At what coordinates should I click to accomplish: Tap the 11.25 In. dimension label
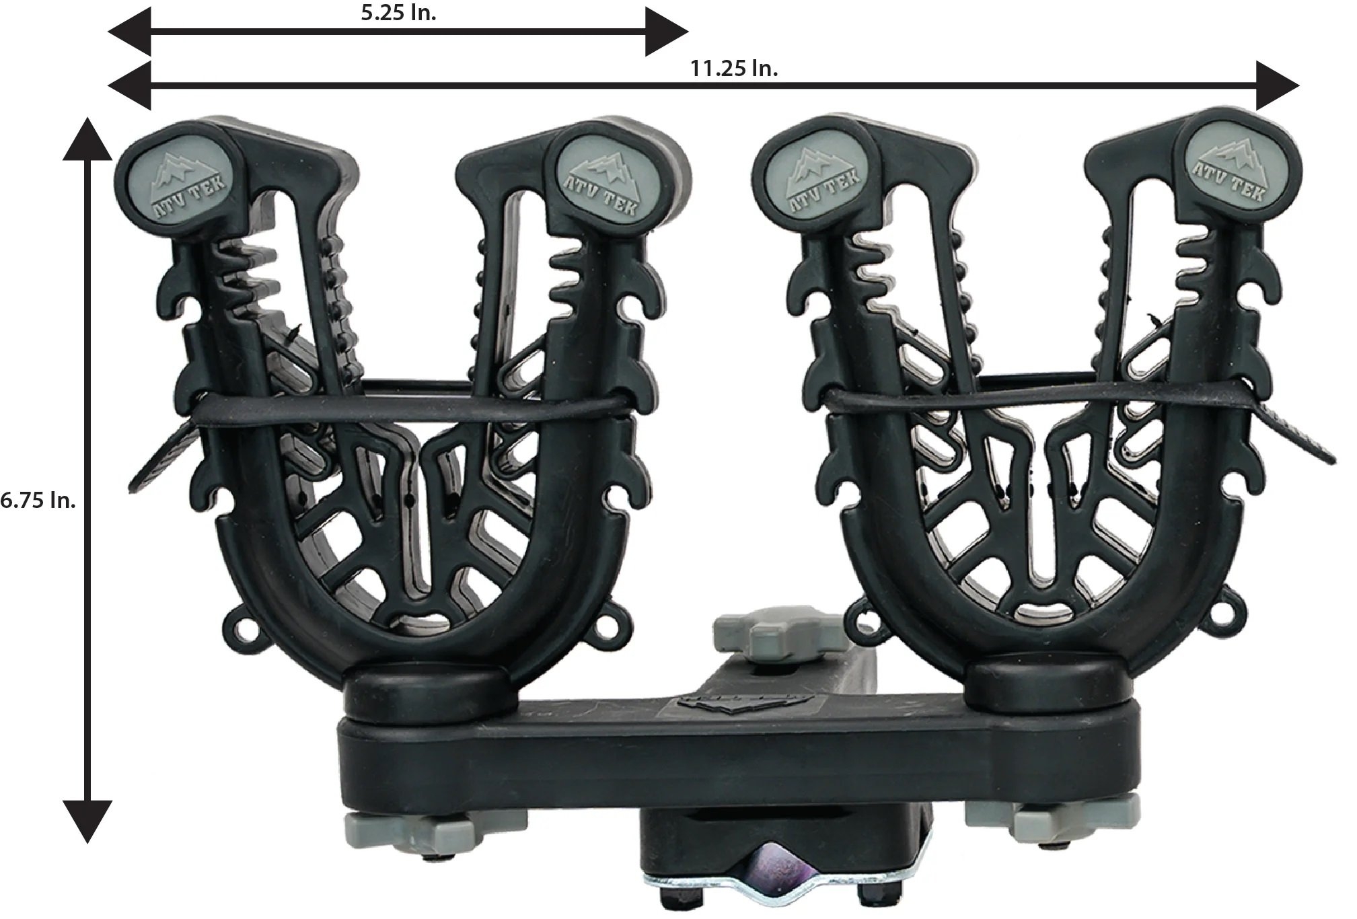click(734, 69)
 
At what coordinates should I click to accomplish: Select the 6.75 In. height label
click(38, 501)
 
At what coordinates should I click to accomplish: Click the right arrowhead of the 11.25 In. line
click(1276, 85)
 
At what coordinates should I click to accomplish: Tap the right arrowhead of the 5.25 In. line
click(666, 32)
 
